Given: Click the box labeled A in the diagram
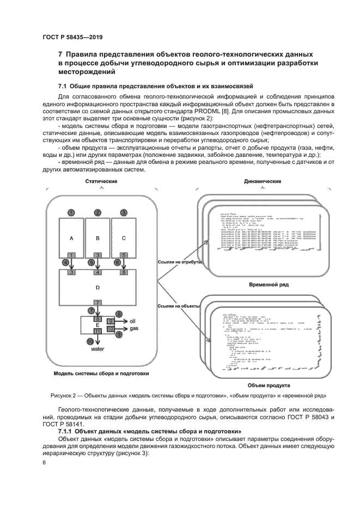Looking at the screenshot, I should pyautogui.click(x=71, y=238).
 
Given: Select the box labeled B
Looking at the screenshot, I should pyautogui.click(x=98, y=238).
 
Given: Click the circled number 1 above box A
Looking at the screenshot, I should pyautogui.click(x=71, y=212).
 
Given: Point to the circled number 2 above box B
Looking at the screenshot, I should pyautogui.click(x=98, y=212).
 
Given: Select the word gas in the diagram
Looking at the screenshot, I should pyautogui.click(x=133, y=329).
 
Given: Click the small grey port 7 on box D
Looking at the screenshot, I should pyautogui.click(x=97, y=302).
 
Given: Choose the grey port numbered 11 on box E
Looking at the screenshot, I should pyautogui.click(x=98, y=331).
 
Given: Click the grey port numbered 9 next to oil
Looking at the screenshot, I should pyautogui.click(x=109, y=321).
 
